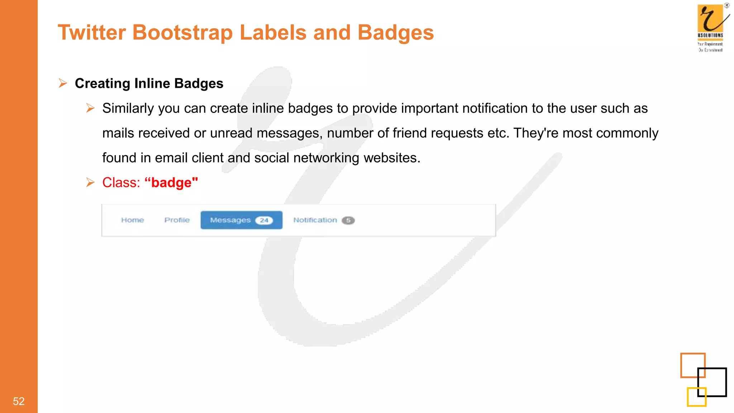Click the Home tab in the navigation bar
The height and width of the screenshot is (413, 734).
click(132, 220)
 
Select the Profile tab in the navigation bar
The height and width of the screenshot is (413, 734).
click(177, 220)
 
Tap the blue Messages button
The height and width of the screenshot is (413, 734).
click(230, 220)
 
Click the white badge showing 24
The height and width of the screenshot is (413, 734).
click(264, 220)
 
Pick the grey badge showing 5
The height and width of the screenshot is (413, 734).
click(348, 220)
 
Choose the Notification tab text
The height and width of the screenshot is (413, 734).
click(315, 220)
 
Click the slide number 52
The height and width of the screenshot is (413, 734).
click(19, 401)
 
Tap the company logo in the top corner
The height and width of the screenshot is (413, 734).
click(711, 27)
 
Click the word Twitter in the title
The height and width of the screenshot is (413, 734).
click(92, 33)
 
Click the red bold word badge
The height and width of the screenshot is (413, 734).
click(171, 183)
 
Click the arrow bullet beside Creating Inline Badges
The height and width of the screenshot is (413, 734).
click(63, 84)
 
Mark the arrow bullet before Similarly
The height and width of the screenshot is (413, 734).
click(90, 108)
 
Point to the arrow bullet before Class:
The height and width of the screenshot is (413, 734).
click(90, 182)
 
